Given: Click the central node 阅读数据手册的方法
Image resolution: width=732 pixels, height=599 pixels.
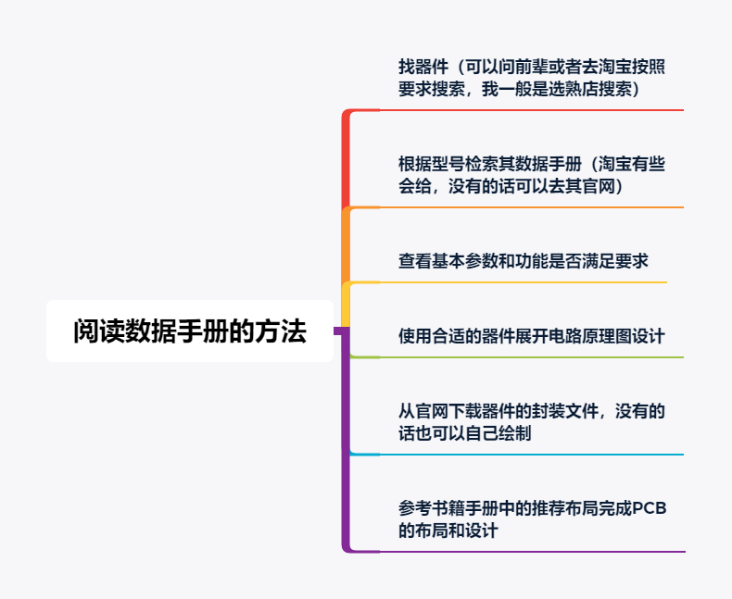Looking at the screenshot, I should (x=190, y=331).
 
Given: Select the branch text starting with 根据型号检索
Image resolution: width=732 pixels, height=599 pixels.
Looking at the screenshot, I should (x=531, y=175).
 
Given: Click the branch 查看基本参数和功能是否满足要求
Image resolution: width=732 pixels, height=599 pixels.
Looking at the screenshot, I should (x=523, y=261).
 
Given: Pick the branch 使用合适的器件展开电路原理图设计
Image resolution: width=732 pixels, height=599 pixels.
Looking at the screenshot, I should (x=531, y=335).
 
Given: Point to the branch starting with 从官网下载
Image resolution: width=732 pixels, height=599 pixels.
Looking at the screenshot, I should (x=531, y=422).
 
